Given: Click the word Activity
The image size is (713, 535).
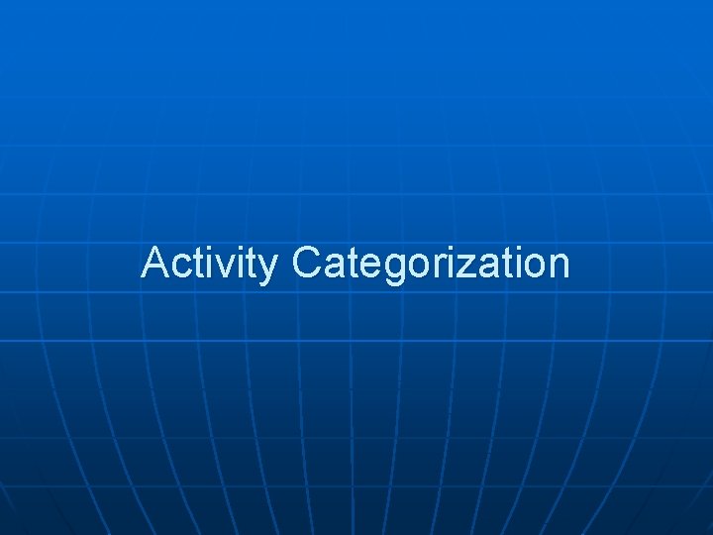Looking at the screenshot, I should point(209,264).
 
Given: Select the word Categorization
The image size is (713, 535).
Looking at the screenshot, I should point(432,264).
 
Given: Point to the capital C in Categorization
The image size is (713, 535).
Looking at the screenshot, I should point(308,264).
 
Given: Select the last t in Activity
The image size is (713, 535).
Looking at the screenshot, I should point(252,264).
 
